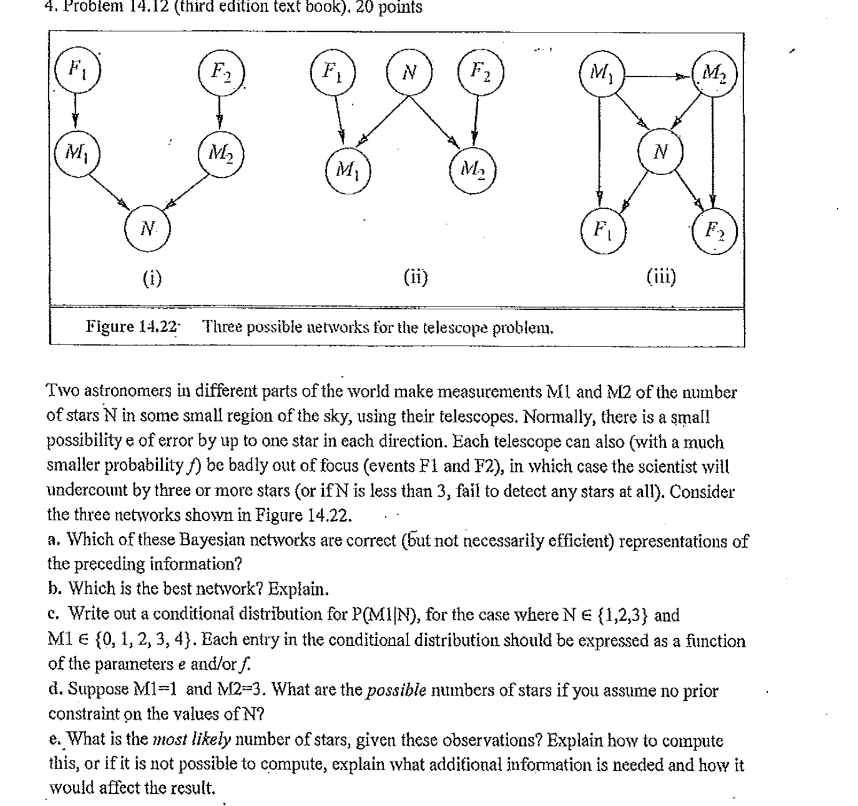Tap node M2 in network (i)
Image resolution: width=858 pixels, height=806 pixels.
tap(220, 153)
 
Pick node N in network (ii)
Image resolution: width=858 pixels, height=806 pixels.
tap(409, 72)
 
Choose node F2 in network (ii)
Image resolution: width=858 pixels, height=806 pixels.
tap(480, 72)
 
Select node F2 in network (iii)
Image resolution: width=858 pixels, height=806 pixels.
tap(715, 231)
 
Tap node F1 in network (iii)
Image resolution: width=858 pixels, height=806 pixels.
tap(603, 231)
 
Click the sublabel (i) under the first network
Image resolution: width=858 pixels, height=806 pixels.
tap(152, 279)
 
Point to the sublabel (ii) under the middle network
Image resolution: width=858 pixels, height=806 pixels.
tap(416, 277)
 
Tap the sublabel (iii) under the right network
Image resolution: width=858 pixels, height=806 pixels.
tap(661, 277)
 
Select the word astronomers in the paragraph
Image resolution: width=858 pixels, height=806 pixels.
tap(136, 392)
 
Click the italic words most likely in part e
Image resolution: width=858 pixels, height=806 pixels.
tap(193, 740)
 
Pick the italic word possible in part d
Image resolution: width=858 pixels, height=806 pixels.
tap(397, 690)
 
